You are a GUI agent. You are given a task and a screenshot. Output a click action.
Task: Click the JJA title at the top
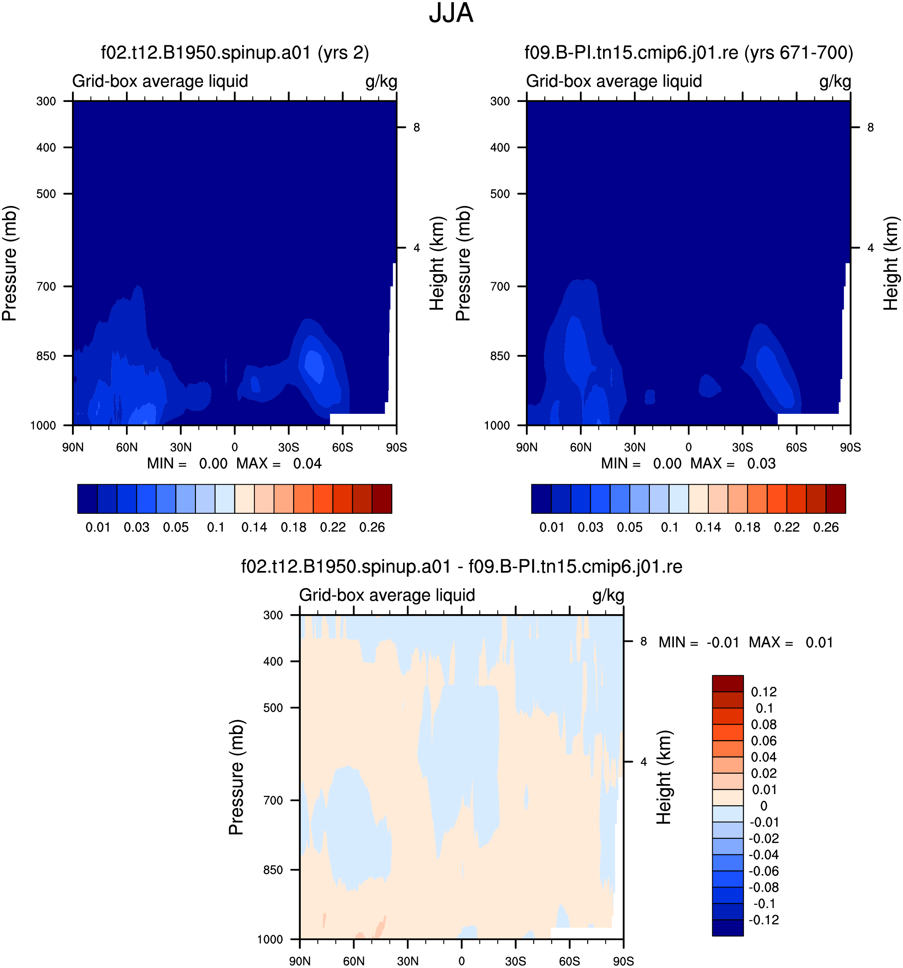[x=451, y=13]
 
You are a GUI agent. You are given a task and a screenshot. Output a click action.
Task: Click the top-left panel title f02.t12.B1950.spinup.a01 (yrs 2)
[x=235, y=53]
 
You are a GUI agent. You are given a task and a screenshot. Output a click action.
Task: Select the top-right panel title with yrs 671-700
[x=689, y=53]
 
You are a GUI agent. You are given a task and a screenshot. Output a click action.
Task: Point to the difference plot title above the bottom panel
[x=462, y=566]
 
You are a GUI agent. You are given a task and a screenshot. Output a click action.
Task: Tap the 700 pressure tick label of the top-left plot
[x=46, y=286]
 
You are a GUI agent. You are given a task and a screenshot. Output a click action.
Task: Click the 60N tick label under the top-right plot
[x=581, y=447]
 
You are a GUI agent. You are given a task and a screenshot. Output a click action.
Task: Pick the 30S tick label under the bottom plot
[x=515, y=961]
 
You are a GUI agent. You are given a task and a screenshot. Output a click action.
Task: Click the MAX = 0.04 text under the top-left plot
[x=279, y=463]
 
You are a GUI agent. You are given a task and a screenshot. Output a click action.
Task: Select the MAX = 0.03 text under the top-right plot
[x=733, y=463]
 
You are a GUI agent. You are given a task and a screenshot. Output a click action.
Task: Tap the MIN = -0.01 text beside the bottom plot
[x=699, y=642]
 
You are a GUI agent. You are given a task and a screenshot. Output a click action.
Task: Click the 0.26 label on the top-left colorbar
[x=372, y=527]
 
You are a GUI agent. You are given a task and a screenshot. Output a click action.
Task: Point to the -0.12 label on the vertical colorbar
[x=764, y=920]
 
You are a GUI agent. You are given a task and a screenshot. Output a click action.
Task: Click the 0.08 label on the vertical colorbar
[x=764, y=725]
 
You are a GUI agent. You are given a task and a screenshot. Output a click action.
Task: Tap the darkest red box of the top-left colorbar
[x=382, y=499]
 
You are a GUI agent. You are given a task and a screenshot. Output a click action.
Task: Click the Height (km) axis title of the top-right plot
[x=891, y=263]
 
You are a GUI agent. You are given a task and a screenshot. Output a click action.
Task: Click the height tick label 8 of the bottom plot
[x=643, y=641]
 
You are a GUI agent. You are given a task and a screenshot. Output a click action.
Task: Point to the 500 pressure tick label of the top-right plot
[x=500, y=194]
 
